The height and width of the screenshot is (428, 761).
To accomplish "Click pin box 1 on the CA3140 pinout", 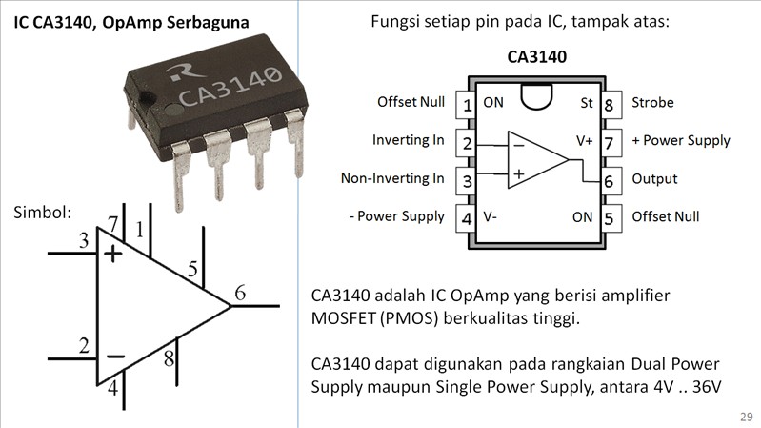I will point(467,103).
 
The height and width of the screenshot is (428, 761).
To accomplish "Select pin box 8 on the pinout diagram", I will point(609,103).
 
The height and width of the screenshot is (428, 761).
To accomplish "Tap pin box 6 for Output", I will point(609,179).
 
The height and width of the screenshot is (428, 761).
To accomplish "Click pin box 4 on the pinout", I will point(467,217).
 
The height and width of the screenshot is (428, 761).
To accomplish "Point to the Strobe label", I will point(652,102).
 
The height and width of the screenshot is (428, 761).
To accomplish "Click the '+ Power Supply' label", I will point(680,140).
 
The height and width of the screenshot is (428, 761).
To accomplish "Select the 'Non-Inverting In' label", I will point(392,178).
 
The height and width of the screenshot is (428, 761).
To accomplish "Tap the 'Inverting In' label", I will point(408,140).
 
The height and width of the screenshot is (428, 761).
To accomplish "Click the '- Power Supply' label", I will point(396,216).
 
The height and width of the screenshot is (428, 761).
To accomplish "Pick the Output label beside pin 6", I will point(654,178).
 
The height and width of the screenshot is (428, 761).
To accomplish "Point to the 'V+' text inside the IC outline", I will point(585,140).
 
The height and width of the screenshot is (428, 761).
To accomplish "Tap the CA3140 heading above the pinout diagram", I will point(537,57).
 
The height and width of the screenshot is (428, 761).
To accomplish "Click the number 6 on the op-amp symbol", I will point(240,294).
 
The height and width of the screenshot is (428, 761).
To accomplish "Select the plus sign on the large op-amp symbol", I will point(113,253).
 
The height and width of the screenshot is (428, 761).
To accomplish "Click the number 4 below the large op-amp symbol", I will point(112,388).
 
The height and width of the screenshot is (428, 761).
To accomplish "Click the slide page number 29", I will point(746,418).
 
